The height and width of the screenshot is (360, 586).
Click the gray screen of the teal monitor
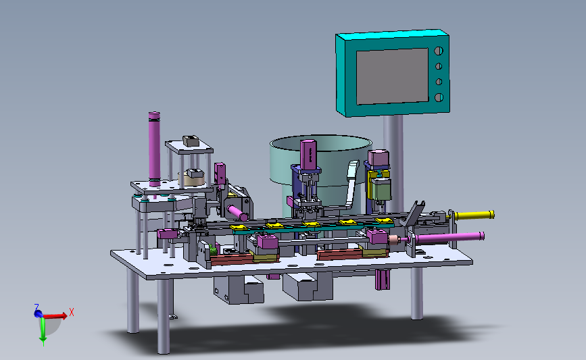coord(392,76)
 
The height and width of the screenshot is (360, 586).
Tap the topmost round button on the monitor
coord(439,51)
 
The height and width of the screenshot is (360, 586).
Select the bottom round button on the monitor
coord(439,97)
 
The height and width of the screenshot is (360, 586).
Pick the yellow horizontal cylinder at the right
coord(474,215)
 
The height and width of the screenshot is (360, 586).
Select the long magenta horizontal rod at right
coord(449,238)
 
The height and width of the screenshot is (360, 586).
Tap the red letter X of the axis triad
coord(72,313)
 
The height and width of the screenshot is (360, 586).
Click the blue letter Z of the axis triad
coord(36,307)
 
